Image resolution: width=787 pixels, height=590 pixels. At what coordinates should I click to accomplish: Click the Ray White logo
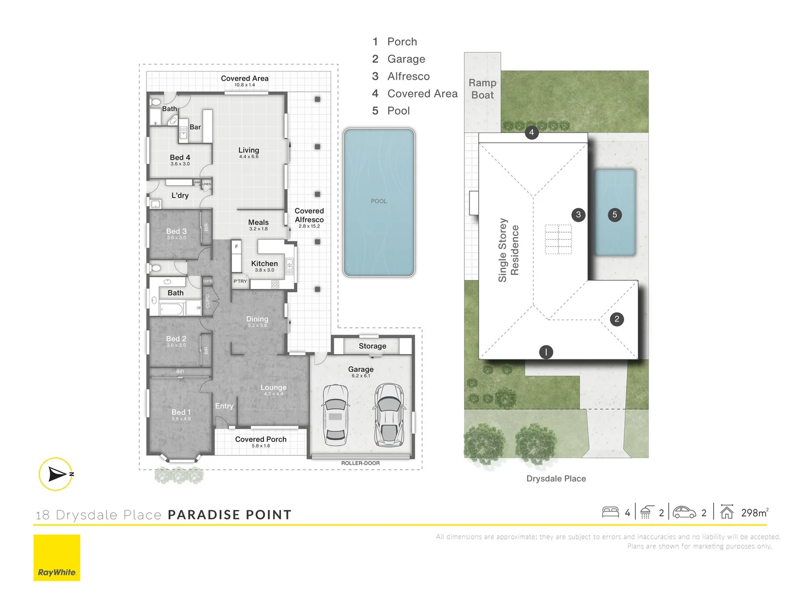coord(57,558)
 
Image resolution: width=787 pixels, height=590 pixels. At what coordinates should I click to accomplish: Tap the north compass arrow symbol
coord(56,474)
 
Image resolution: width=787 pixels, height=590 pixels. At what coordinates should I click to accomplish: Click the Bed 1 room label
coord(181,412)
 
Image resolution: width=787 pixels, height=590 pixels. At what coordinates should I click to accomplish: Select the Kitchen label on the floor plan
coord(265,264)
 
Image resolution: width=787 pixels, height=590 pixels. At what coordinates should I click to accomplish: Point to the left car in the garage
coord(336,415)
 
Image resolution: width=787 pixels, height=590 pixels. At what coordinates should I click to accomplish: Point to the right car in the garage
coord(389,415)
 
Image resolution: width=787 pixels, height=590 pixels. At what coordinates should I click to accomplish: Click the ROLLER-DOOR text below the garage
coord(360,463)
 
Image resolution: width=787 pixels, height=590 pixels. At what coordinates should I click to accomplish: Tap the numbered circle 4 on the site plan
coord(531,132)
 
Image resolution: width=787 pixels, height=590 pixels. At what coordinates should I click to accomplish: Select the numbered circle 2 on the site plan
coord(616,319)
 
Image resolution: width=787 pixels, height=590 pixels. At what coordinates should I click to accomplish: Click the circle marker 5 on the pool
coord(614,215)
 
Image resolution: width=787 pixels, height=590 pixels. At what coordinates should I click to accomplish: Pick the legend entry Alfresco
coord(408,76)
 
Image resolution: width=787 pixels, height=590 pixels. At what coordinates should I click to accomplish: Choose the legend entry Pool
coord(398,111)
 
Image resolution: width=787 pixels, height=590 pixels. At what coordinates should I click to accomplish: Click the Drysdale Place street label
coord(556,479)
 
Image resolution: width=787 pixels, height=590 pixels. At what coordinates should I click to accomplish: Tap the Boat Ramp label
coord(483,89)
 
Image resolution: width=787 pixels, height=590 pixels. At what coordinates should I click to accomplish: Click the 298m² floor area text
coord(754,512)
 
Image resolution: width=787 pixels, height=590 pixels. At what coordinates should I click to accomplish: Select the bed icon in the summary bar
coord(610,512)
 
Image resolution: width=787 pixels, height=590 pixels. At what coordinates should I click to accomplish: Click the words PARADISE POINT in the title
coord(230,515)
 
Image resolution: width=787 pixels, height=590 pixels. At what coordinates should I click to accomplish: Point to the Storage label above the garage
coord(372,346)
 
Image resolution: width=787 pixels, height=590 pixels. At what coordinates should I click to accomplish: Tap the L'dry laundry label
coord(180,196)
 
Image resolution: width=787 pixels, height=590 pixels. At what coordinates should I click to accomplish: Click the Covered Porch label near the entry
coord(261,439)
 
